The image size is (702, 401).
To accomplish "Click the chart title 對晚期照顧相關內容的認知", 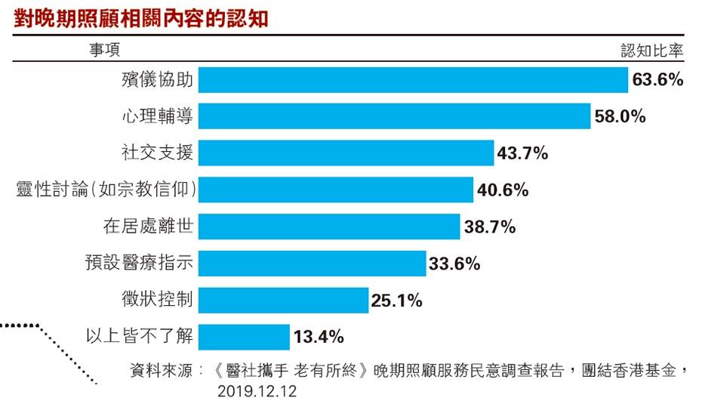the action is tap(141, 18).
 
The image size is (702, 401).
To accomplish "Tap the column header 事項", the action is tap(105, 49).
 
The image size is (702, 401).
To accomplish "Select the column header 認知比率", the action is tap(652, 51).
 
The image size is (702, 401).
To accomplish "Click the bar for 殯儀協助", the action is tap(413, 80).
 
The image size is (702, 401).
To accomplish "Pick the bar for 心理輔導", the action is tap(395, 116).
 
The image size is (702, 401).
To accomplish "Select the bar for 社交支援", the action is tap(346, 153).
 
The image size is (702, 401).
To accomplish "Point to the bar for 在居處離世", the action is tap(329, 227).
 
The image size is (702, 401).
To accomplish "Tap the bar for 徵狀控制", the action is tap(283, 300).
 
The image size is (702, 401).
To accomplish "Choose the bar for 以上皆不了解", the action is tap(244, 337).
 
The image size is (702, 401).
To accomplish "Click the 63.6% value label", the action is tap(657, 80).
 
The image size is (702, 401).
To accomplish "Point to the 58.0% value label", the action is tap(620, 116).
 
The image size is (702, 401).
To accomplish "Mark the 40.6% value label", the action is tap(503, 190).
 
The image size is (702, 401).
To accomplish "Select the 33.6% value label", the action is tap(454, 264).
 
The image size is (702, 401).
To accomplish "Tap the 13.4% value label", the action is tap(319, 337).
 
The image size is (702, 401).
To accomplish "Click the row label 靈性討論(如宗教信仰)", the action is tap(106, 190).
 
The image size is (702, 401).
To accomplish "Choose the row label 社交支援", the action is tap(157, 153).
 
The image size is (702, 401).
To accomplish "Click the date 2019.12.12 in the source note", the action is tap(257, 391).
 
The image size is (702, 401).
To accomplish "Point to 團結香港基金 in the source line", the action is tap(629, 371).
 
